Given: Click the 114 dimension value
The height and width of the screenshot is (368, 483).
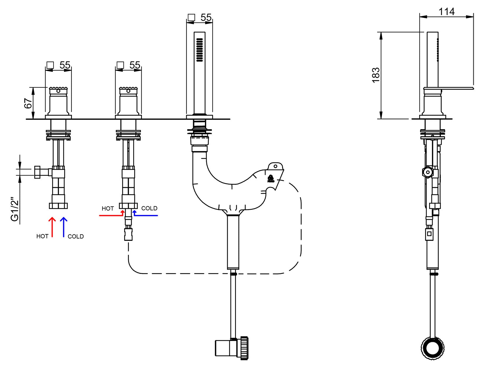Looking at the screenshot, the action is pos(446,11).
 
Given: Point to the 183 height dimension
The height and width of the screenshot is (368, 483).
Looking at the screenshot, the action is pos(376,75).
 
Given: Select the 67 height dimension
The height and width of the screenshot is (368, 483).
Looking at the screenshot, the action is pos(28,103).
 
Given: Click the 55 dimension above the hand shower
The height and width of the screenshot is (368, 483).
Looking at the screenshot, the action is pos(206,17).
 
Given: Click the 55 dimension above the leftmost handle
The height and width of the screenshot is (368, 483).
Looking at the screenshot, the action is pos(65,65).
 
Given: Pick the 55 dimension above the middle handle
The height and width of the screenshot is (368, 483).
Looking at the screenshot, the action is pos(135,65).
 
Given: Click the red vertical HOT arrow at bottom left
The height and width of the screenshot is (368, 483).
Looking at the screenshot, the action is pos(52,227).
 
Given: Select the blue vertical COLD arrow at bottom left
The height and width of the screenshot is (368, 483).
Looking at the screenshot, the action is pos(64,227).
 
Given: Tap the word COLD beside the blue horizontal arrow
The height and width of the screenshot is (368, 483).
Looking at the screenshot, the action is pos(149,208).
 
